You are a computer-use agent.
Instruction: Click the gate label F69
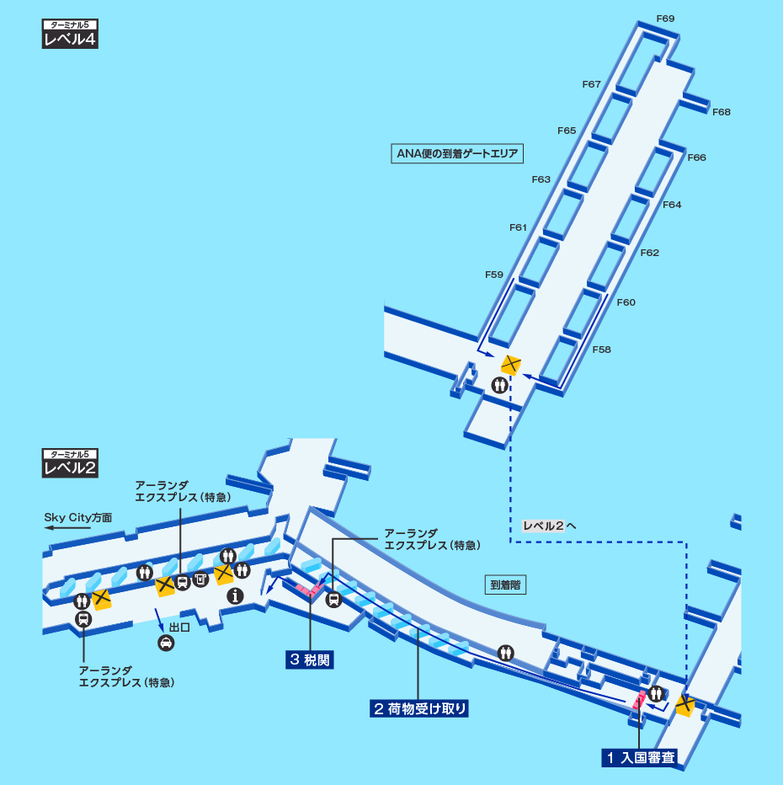(x=665, y=19)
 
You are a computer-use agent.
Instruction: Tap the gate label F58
(x=602, y=350)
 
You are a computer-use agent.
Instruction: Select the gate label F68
(x=722, y=112)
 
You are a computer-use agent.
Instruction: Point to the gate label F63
(x=541, y=179)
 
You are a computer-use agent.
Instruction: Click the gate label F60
(x=626, y=302)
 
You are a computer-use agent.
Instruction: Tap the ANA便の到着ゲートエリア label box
(x=458, y=153)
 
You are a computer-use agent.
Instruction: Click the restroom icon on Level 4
(x=501, y=385)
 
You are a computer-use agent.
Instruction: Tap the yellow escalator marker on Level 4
(x=511, y=365)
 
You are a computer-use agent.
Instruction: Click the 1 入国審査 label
(x=640, y=757)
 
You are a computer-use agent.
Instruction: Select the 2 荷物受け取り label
(x=418, y=708)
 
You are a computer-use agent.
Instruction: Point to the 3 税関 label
(x=309, y=660)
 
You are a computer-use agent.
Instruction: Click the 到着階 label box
(x=505, y=585)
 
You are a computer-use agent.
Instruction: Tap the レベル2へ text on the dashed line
(x=549, y=526)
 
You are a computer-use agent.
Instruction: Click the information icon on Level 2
(x=235, y=595)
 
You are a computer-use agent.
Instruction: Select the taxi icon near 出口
(x=167, y=643)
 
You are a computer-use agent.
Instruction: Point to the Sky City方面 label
(x=78, y=517)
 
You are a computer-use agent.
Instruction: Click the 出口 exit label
(x=179, y=627)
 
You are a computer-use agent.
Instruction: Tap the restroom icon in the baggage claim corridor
(x=506, y=651)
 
